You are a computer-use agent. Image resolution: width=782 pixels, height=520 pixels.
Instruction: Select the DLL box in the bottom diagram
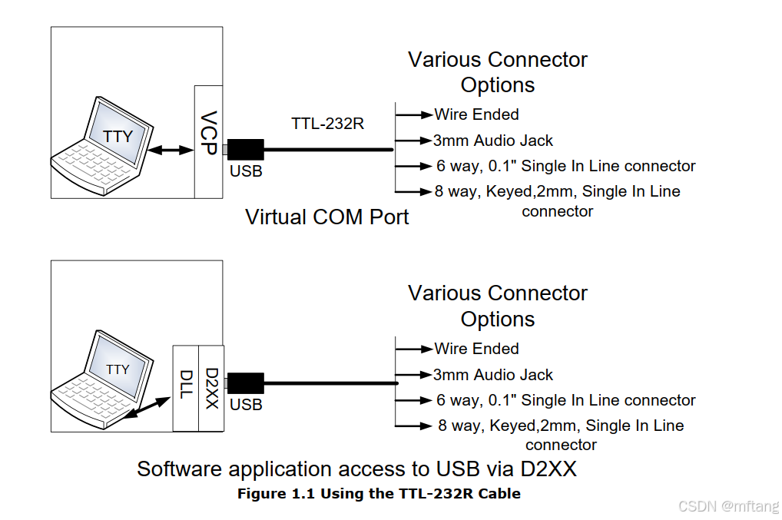point(186,387)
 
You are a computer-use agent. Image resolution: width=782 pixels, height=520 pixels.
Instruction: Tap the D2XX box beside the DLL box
point(211,387)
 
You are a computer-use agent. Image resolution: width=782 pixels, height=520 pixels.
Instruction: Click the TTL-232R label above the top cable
point(327,123)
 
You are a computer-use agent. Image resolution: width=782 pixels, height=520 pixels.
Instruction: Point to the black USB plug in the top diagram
point(245,149)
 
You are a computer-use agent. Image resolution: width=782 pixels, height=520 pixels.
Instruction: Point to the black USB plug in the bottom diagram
point(245,383)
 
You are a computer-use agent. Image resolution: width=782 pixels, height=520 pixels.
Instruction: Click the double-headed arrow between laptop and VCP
point(169,150)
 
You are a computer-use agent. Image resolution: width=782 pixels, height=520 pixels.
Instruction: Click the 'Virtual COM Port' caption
point(326,217)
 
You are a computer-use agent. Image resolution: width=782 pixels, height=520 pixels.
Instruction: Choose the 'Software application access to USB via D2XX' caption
point(356,469)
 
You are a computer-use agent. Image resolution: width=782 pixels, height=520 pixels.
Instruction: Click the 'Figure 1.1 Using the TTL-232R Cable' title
point(379,494)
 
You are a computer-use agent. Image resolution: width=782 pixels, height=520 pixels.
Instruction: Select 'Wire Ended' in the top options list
point(476,114)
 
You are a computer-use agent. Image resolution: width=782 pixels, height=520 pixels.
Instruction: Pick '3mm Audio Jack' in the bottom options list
point(492,375)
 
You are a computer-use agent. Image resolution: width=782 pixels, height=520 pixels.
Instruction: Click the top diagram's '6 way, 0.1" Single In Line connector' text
point(565,166)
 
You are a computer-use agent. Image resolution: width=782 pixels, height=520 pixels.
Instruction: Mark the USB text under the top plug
point(246,171)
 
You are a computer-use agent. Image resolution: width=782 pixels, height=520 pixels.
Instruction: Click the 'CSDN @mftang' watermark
point(729,506)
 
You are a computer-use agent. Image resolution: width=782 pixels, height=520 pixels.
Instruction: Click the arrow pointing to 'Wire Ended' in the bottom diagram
point(415,349)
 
